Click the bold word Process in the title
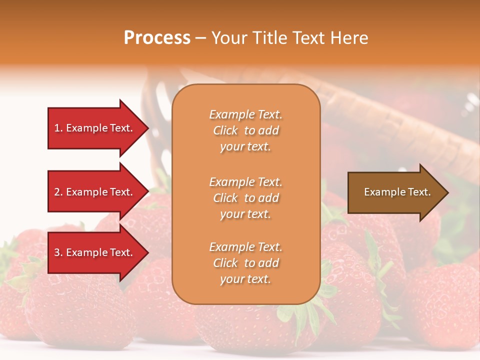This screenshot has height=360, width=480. (157, 38)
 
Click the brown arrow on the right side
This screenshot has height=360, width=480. (395, 192)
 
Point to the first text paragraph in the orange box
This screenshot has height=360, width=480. (245, 130)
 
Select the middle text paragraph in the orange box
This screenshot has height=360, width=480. (245, 198)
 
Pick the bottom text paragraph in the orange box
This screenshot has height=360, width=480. (245, 263)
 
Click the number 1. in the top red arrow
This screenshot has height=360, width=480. (58, 128)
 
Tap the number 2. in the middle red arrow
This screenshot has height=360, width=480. (58, 192)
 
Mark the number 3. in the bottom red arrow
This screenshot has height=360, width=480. (58, 252)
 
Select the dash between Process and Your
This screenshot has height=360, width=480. (200, 38)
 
